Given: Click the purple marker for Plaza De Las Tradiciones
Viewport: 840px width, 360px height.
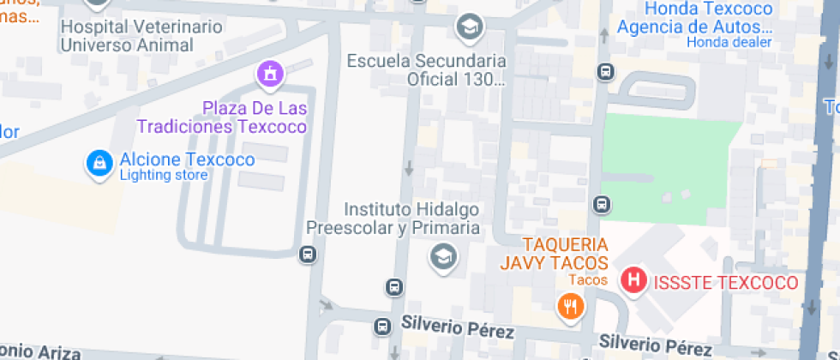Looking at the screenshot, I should coord(270,75).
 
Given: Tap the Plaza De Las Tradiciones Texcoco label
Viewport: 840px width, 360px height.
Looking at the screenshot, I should coord(255,117).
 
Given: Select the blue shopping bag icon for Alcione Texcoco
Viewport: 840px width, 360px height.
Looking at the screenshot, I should coord(100,164).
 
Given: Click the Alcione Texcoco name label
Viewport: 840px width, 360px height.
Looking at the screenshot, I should coord(187,159).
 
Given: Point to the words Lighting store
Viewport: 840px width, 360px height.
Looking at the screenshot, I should coord(164,176).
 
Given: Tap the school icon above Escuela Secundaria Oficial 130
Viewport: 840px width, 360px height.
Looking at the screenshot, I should coord(469,27).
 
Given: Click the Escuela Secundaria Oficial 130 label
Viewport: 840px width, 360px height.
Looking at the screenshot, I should coord(426,70).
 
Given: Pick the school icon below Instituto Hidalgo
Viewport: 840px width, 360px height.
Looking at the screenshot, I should coord(443,255).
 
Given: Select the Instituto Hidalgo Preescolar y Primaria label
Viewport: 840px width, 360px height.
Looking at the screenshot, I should coord(411,219).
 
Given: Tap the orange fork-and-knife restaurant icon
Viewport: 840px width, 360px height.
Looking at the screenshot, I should coord(569,305).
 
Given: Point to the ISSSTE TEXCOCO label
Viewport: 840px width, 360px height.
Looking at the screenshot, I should coord(725,283).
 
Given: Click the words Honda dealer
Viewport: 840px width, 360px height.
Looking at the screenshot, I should coord(729,42).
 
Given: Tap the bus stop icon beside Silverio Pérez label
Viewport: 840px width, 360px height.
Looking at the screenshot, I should coord(381,326).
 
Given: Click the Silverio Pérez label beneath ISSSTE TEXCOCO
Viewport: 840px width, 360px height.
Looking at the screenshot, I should coord(655,345).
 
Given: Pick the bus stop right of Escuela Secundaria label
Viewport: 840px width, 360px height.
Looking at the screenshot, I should coord(605,71).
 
